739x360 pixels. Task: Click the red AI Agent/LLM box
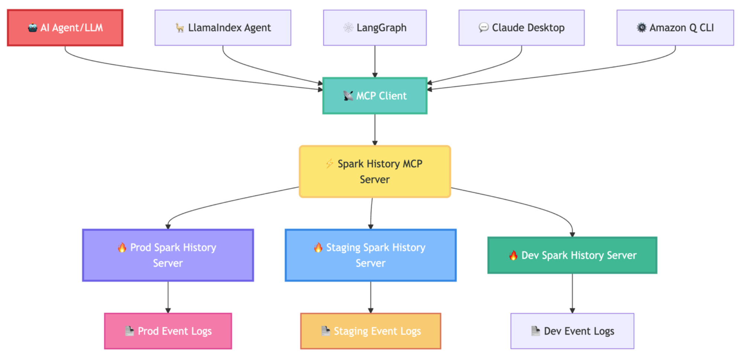pyautogui.click(x=65, y=28)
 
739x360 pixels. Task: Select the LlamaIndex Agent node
pyautogui.click(x=223, y=28)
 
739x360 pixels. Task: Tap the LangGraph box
pyautogui.click(x=375, y=28)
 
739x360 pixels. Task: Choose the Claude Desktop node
pyautogui.click(x=521, y=28)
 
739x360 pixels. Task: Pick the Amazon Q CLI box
pyautogui.click(x=675, y=28)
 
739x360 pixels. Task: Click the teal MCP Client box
pyautogui.click(x=375, y=96)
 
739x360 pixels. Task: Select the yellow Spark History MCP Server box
pyautogui.click(x=375, y=171)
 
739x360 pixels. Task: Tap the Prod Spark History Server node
pyautogui.click(x=168, y=255)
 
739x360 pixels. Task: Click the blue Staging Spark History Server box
pyautogui.click(x=371, y=255)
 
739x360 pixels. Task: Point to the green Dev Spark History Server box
pyautogui.click(x=572, y=255)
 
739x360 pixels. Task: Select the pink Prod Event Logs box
pyautogui.click(x=168, y=331)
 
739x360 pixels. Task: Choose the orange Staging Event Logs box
pyautogui.click(x=371, y=331)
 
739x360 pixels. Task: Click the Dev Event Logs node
pyautogui.click(x=572, y=331)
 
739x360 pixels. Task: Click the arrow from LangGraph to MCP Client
pyautogui.click(x=375, y=61)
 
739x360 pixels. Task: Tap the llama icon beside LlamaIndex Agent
pyautogui.click(x=180, y=28)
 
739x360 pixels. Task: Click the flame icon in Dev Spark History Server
pyautogui.click(x=513, y=255)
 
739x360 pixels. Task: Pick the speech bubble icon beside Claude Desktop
pyautogui.click(x=483, y=28)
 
